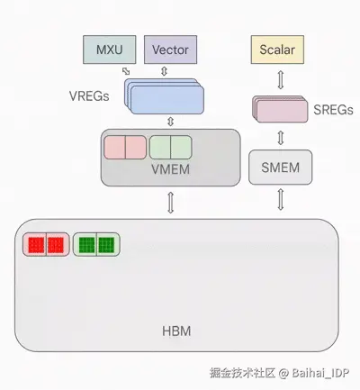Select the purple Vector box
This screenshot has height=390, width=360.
click(x=170, y=49)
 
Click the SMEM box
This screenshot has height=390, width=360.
click(x=279, y=167)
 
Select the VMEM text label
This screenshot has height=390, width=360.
click(x=170, y=168)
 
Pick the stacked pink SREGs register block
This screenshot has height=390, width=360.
click(x=280, y=108)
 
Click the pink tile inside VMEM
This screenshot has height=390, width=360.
click(x=125, y=146)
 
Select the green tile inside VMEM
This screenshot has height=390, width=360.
click(x=171, y=146)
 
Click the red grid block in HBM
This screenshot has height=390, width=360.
click(x=45, y=244)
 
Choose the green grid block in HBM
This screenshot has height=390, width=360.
click(x=95, y=244)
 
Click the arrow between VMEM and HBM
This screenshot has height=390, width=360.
click(x=170, y=204)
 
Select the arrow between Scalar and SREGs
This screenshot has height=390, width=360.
click(x=280, y=78)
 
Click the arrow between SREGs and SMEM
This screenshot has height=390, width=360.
click(x=280, y=137)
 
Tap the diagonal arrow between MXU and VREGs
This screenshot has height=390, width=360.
click(x=125, y=71)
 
